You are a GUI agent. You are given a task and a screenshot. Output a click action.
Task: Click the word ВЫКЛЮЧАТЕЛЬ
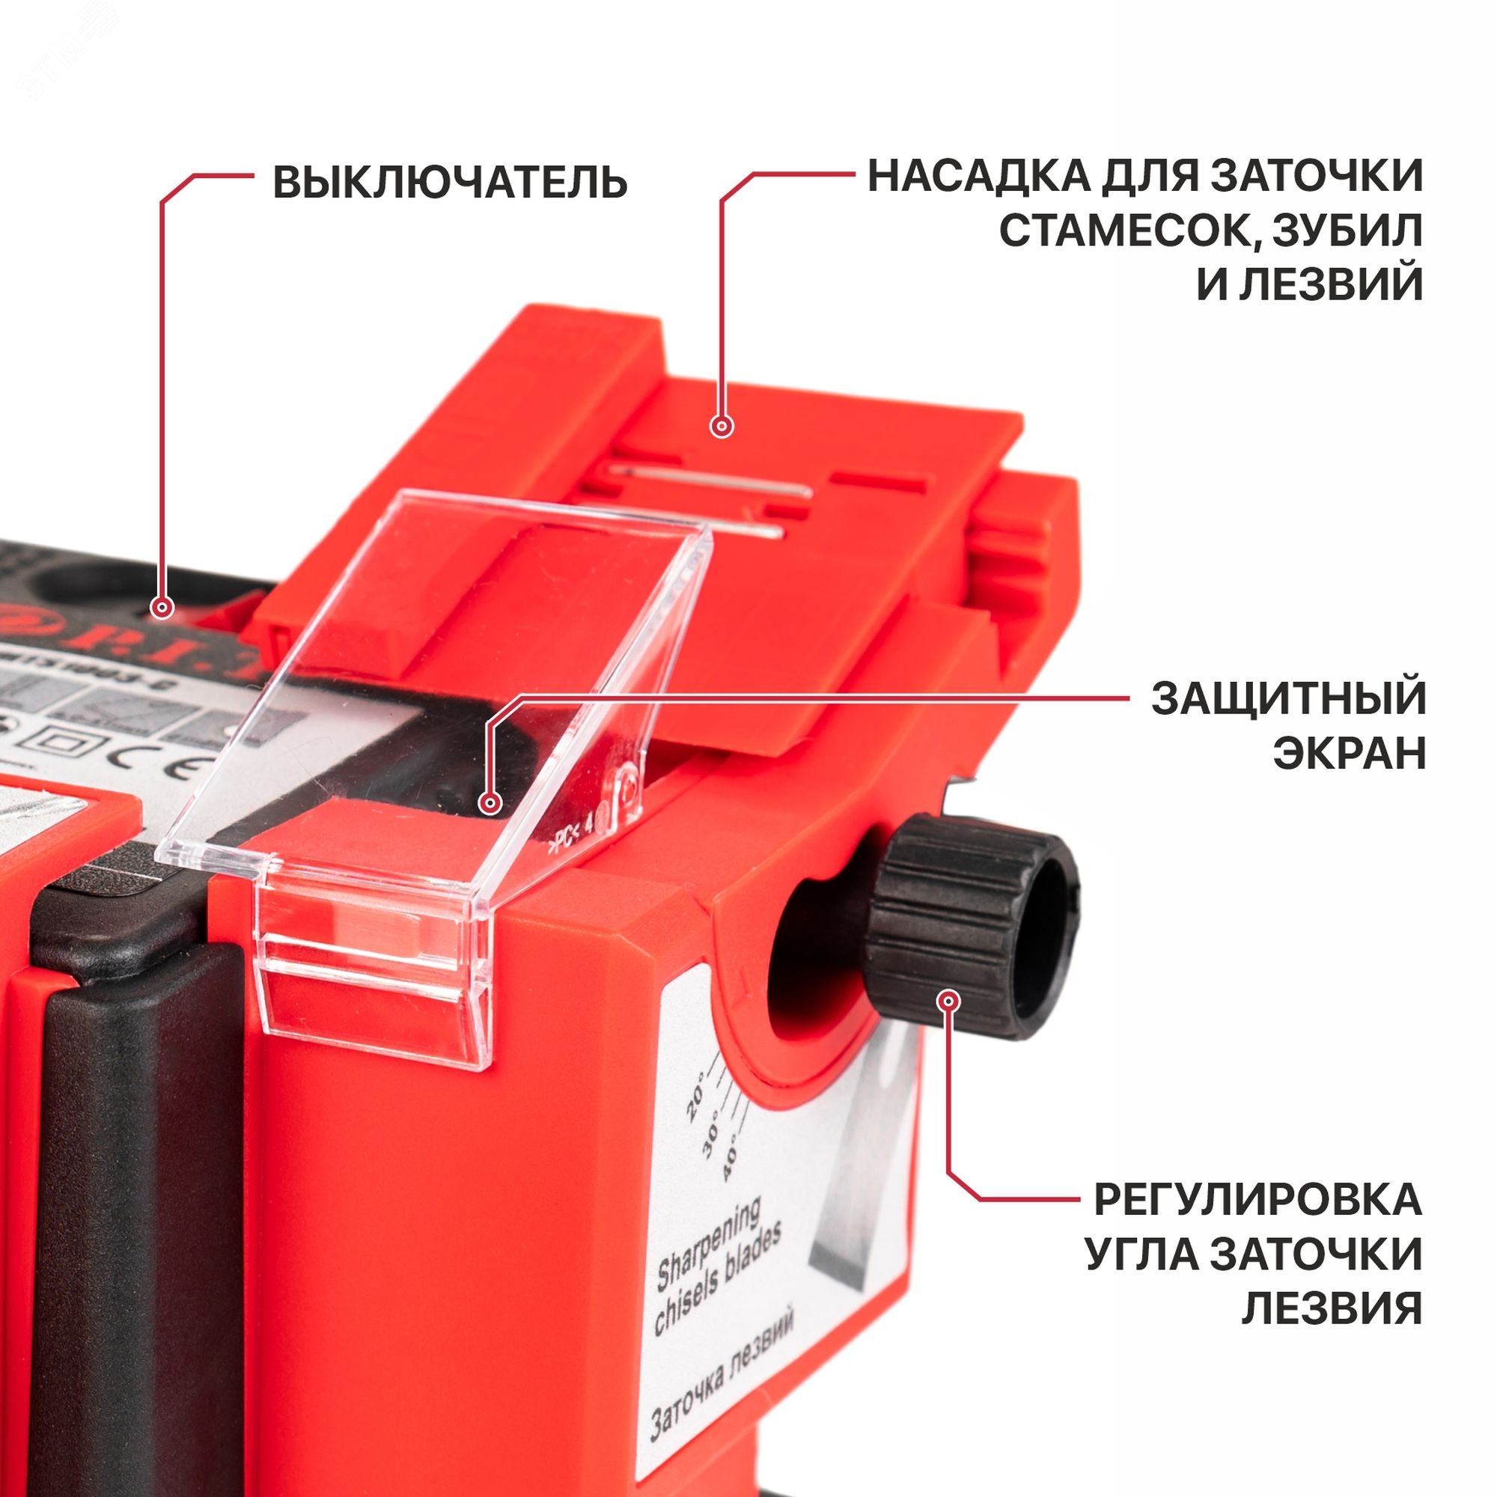coord(449,183)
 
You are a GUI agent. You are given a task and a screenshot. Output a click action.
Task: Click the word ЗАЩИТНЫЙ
coord(1287,699)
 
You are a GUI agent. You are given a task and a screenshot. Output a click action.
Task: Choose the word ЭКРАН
coord(1349,753)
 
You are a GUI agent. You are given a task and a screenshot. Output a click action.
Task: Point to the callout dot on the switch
coord(162,608)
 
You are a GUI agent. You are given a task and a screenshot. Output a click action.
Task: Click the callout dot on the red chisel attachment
coord(722,425)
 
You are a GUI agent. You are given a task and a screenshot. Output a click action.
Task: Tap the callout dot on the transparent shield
coord(488,802)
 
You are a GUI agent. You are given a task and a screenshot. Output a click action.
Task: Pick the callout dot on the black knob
coord(948,1001)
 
